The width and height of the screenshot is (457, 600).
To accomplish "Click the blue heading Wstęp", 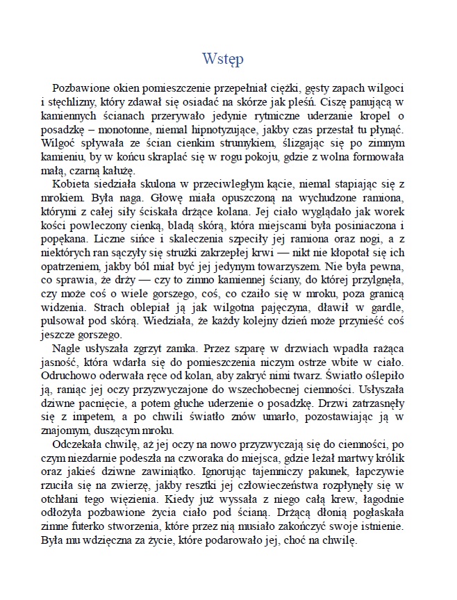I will (222, 58).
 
